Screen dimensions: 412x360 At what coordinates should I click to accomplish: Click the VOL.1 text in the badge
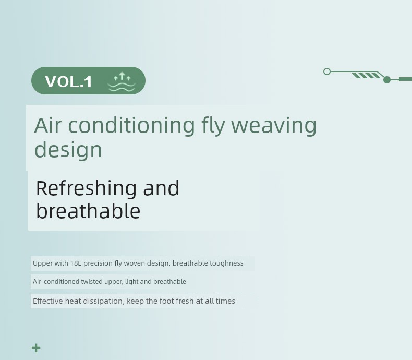[x=68, y=81]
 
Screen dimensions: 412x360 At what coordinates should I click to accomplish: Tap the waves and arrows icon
[x=122, y=82]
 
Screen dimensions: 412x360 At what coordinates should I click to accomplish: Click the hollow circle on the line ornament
[x=327, y=71]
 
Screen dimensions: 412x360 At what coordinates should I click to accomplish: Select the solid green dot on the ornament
[x=387, y=80]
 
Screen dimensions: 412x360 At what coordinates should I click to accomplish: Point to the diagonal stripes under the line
[x=366, y=76]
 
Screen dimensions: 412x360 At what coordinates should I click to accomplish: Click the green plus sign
[x=37, y=347]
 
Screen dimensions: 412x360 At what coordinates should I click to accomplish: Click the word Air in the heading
[x=48, y=125]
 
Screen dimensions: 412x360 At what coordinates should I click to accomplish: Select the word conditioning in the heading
[x=131, y=126]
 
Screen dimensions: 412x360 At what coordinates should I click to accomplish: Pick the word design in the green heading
[x=68, y=150]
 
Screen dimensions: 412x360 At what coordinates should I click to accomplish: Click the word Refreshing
[x=86, y=189]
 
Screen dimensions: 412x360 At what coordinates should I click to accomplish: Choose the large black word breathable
[x=88, y=211]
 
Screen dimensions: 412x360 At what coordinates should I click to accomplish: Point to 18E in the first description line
[x=76, y=263]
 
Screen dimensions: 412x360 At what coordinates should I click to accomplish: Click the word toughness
[x=226, y=263]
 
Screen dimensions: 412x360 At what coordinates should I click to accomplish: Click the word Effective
[x=48, y=301]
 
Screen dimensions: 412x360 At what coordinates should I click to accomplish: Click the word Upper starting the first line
[x=43, y=263]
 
